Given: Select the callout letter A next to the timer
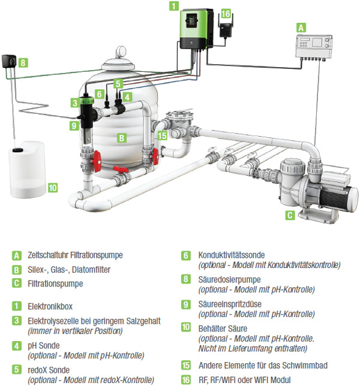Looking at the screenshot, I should pyautogui.click(x=301, y=26).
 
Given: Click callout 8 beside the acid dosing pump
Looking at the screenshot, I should pyautogui.click(x=22, y=62).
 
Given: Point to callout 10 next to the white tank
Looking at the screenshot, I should pyautogui.click(x=53, y=188).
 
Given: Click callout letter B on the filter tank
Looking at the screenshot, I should pyautogui.click(x=122, y=138).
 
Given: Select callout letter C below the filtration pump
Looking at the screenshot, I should pyautogui.click(x=290, y=214).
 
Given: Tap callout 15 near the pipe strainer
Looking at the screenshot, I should pyautogui.click(x=161, y=135).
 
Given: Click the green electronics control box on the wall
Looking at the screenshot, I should pyautogui.click(x=197, y=34).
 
